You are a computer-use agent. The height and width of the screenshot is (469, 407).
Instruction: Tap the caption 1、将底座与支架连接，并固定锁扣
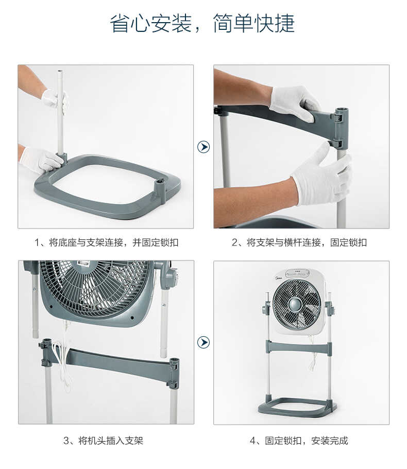click(106, 242)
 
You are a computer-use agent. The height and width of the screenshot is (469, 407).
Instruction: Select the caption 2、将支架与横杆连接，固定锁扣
click(299, 242)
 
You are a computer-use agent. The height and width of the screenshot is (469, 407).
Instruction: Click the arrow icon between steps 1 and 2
click(203, 147)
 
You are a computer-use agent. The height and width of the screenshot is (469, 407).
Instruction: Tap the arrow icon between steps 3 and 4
click(203, 342)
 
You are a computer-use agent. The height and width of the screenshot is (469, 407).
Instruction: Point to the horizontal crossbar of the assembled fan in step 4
click(298, 348)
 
